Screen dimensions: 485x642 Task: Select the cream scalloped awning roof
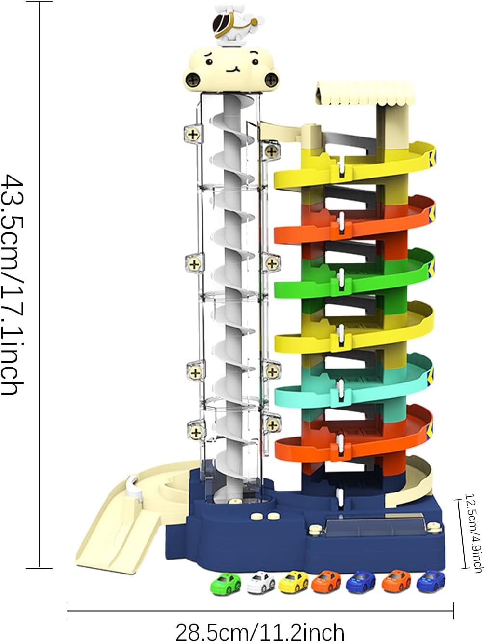365,93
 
